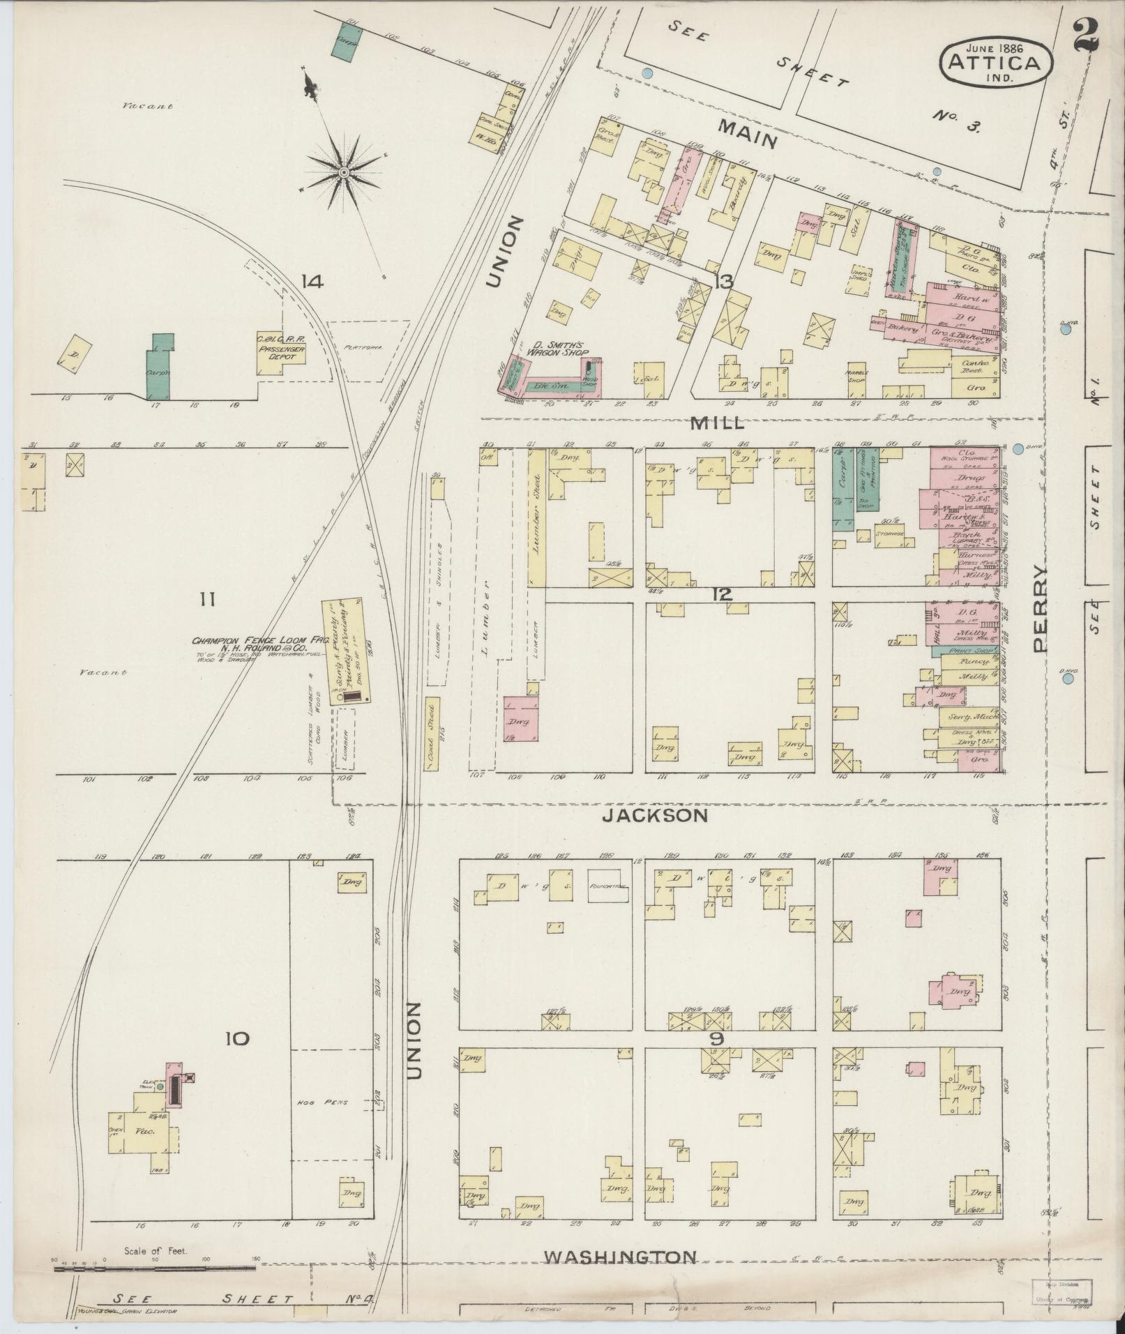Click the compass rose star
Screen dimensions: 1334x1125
point(344,172)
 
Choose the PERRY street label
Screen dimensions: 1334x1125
point(1040,607)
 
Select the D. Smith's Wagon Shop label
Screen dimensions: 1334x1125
point(557,348)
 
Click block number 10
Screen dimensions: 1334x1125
point(236,1038)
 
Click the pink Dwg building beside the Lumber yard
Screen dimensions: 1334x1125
point(521,718)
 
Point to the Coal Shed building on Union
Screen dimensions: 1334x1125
point(432,732)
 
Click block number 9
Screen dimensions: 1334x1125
point(717,1038)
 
